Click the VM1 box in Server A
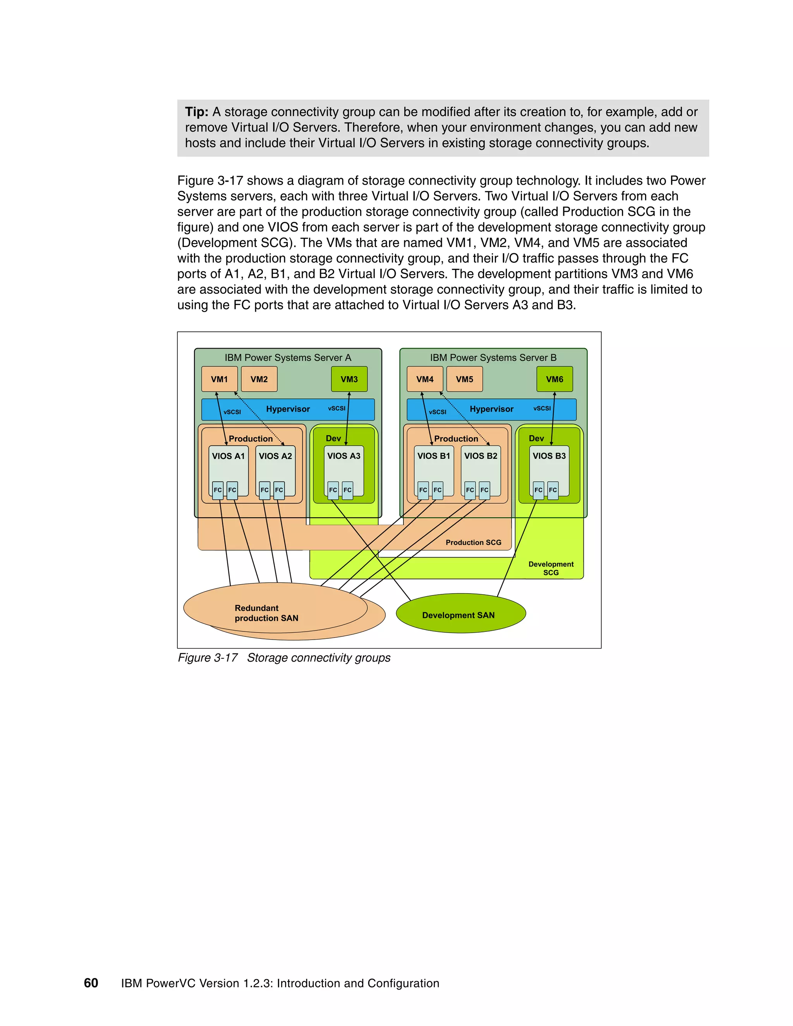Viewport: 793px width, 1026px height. [x=220, y=379]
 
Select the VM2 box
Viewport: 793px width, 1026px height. [x=259, y=379]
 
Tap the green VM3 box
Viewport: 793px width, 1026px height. [x=349, y=379]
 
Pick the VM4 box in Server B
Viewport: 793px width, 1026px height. [x=425, y=379]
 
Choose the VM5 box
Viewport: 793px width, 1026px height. [x=465, y=379]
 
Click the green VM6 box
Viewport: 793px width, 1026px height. [x=554, y=379]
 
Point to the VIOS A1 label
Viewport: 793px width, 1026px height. [x=228, y=456]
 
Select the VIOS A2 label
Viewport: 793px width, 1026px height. [x=275, y=456]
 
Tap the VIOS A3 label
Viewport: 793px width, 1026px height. [x=344, y=456]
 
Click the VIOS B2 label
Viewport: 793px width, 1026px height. [x=481, y=456]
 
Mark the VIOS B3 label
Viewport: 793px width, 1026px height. [x=549, y=456]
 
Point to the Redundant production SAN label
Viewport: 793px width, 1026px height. [x=266, y=613]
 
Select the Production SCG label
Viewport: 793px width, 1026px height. [x=474, y=542]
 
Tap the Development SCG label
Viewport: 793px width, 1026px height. [x=551, y=568]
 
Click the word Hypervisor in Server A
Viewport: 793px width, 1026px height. [x=288, y=409]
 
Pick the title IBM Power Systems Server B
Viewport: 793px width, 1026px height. [x=493, y=357]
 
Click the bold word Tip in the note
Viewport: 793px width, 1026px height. [x=196, y=112]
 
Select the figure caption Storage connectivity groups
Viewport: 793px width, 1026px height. [x=319, y=658]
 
